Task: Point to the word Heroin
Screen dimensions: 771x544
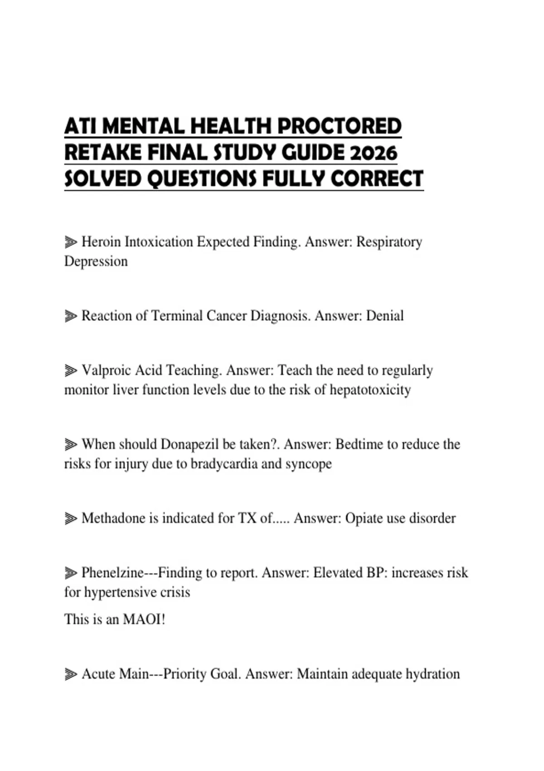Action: click(x=101, y=242)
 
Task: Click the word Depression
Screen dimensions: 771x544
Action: click(x=96, y=261)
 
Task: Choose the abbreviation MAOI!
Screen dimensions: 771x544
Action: click(x=144, y=619)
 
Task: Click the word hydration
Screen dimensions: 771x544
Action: click(x=432, y=674)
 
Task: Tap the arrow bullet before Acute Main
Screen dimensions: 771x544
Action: click(x=71, y=674)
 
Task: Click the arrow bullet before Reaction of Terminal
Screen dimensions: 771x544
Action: click(x=71, y=316)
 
